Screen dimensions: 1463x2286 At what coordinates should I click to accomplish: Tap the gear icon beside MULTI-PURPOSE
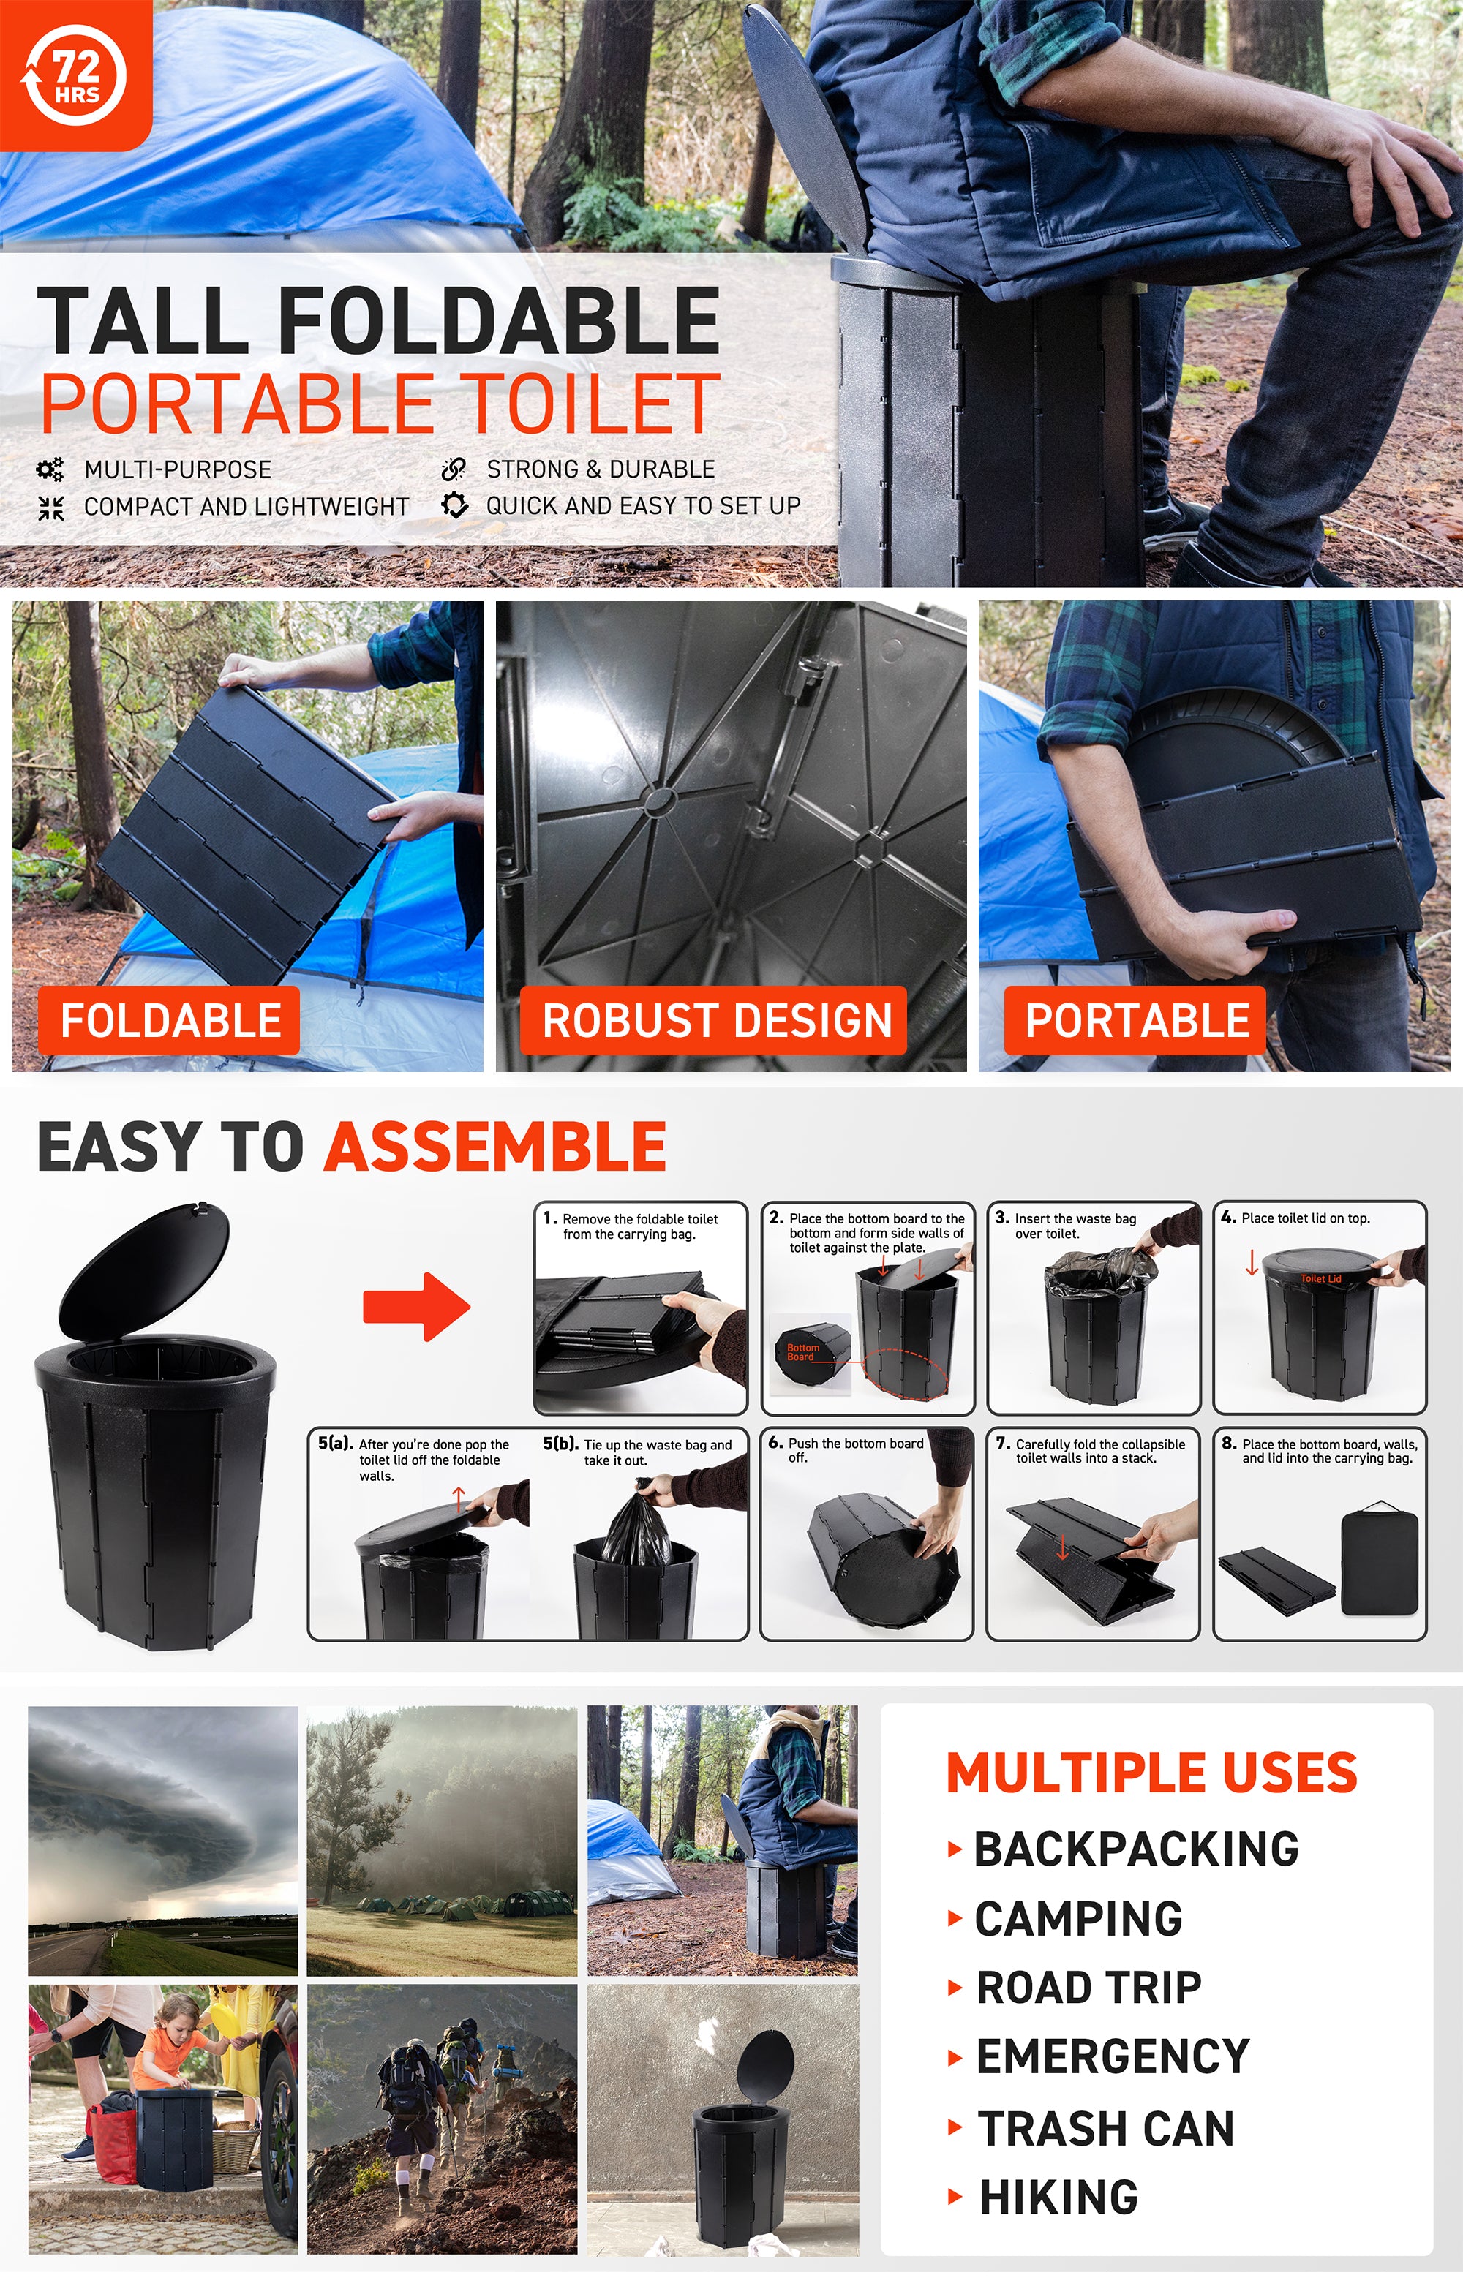click(x=50, y=469)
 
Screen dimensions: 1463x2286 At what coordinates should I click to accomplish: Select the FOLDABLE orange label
click(x=169, y=1020)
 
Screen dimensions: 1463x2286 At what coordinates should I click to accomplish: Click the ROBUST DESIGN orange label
click(x=713, y=1020)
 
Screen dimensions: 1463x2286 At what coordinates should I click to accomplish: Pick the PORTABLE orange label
click(x=1135, y=1020)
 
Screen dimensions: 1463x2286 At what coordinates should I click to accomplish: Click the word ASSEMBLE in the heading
click(x=495, y=1147)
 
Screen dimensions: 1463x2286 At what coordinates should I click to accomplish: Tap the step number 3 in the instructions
click(x=1001, y=1218)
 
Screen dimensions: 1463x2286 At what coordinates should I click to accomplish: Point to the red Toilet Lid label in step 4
click(x=1321, y=1278)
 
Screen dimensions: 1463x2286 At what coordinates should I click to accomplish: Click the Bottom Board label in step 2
click(x=802, y=1352)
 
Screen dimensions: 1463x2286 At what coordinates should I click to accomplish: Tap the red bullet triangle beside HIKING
click(x=955, y=2198)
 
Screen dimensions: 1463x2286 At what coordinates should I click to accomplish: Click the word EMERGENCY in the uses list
click(x=1113, y=2057)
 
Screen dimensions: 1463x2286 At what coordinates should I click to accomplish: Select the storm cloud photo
click(x=162, y=1841)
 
